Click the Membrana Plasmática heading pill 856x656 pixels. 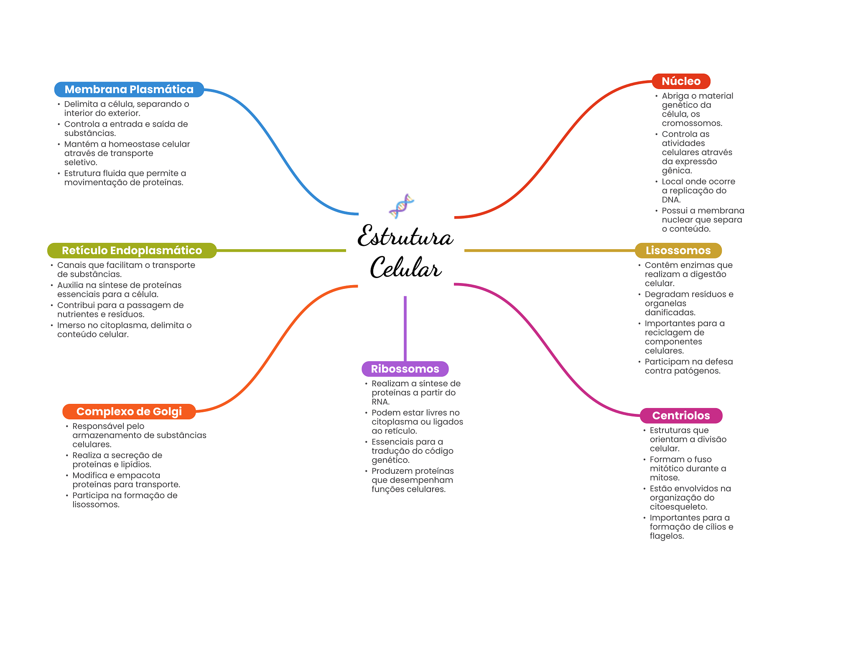pyautogui.click(x=129, y=89)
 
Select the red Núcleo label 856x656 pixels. pyautogui.click(x=681, y=81)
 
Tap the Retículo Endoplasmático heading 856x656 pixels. pyautogui.click(x=132, y=250)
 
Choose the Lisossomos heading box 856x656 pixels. pyautogui.click(x=678, y=250)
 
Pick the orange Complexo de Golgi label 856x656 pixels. pyautogui.click(x=129, y=411)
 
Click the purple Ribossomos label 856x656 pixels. pyautogui.click(x=405, y=369)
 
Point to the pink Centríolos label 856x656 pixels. pyautogui.click(x=681, y=416)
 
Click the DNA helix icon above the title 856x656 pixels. pyautogui.click(x=402, y=206)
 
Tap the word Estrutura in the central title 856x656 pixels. pyautogui.click(x=405, y=236)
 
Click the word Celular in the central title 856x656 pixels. pyautogui.click(x=405, y=268)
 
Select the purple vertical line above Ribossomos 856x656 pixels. pyautogui.click(x=405, y=329)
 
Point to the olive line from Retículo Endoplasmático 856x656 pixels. pyautogui.click(x=281, y=250)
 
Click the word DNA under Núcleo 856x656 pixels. pyautogui.click(x=671, y=200)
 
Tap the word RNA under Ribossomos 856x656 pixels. pyautogui.click(x=380, y=402)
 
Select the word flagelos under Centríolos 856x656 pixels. pyautogui.click(x=667, y=536)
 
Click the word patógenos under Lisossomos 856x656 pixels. pyautogui.click(x=701, y=371)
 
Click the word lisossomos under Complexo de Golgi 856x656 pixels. pyautogui.click(x=96, y=505)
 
